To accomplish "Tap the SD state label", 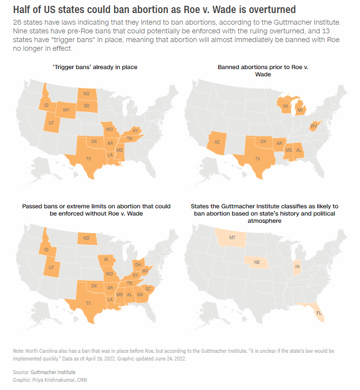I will tap(87, 105).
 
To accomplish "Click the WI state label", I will tap(285, 106).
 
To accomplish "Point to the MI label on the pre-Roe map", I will tap(300, 110).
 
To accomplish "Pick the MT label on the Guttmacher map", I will tap(232, 237).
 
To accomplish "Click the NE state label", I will tap(257, 262).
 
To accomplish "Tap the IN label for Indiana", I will tap(297, 266).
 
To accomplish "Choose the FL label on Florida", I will tap(319, 313).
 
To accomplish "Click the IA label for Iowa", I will tap(106, 260).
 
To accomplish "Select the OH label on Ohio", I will tap(138, 264).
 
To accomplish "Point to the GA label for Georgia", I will tap(140, 294).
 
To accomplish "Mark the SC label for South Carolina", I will tap(149, 289).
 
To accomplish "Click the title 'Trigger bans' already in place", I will tap(95, 67).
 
